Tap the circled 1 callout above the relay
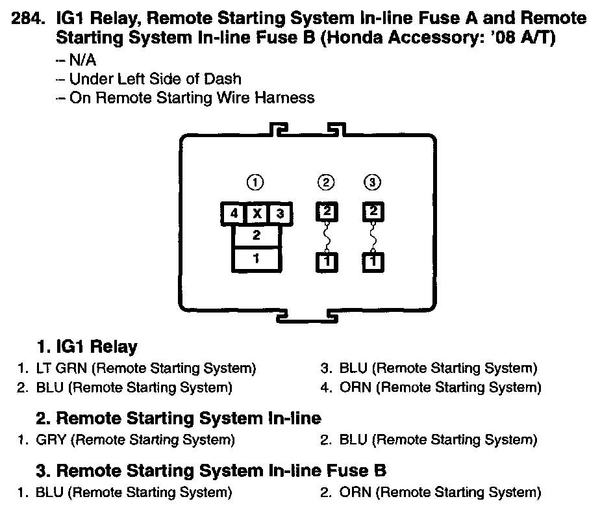click(256, 183)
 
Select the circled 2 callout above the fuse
click(327, 183)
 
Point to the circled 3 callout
click(372, 183)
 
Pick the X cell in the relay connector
click(256, 213)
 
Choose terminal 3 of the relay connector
click(280, 213)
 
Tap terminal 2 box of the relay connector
click(256, 235)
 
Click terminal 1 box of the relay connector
click(256, 259)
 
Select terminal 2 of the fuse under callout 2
click(327, 212)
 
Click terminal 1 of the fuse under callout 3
click(372, 262)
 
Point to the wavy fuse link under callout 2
click(327, 237)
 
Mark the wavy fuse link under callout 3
click(372, 237)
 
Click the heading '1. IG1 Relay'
click(86, 346)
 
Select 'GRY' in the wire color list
click(51, 440)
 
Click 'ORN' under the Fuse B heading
click(355, 492)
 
